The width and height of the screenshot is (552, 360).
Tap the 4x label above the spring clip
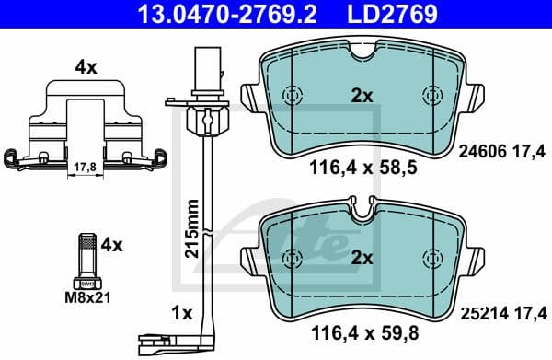[x=86, y=66]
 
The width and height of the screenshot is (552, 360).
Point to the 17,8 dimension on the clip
[x=84, y=167]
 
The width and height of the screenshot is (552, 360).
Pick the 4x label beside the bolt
[x=110, y=245]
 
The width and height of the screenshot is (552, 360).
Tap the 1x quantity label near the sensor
[x=180, y=313]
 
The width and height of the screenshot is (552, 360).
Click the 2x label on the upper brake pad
[x=361, y=96]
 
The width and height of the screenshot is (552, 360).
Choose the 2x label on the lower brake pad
[x=361, y=260]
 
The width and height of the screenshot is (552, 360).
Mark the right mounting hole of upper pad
[x=431, y=95]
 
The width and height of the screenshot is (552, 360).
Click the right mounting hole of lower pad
[x=431, y=257]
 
